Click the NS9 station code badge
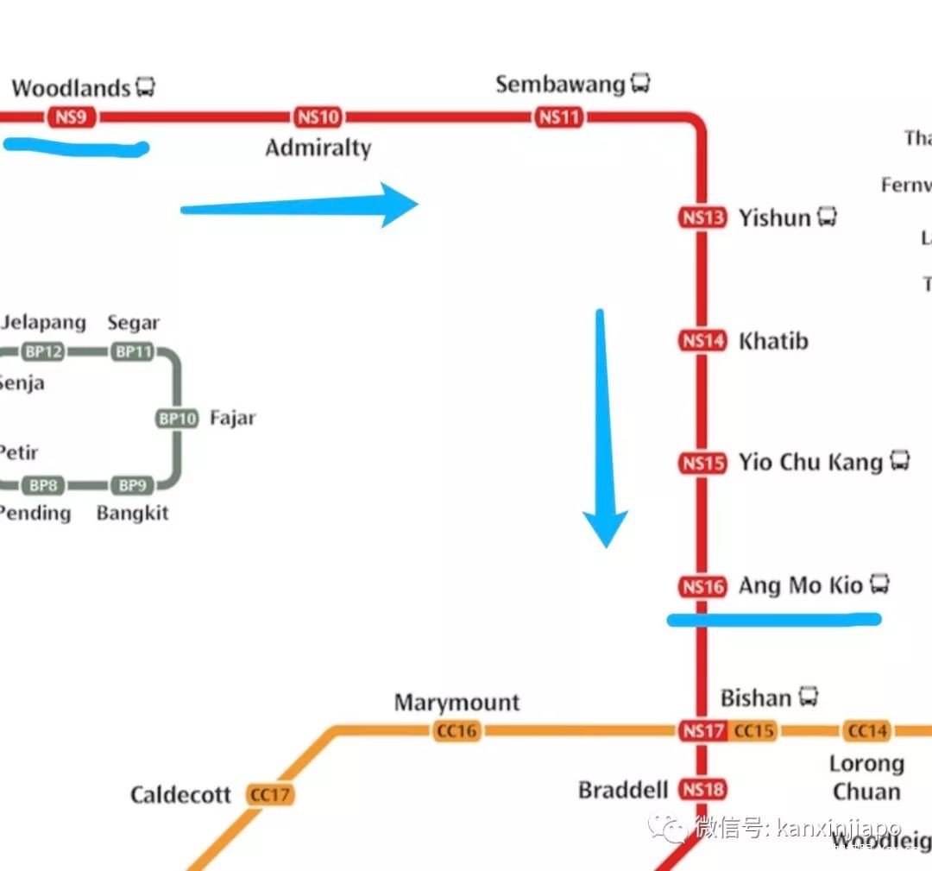point(72,117)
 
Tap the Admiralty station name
point(318,148)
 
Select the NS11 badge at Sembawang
point(559,117)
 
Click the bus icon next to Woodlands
point(145,87)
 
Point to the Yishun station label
point(774,218)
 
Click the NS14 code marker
point(702,341)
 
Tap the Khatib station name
point(773,341)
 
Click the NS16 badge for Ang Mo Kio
point(702,587)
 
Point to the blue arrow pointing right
point(302,205)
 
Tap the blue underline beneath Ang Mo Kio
point(774,619)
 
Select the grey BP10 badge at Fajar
point(178,419)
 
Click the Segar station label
point(133,323)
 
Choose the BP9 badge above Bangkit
point(132,485)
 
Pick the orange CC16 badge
point(457,731)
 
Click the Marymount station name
point(457,703)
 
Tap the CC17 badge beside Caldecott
point(270,794)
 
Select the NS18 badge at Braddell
point(702,789)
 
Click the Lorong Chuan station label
point(866,777)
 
